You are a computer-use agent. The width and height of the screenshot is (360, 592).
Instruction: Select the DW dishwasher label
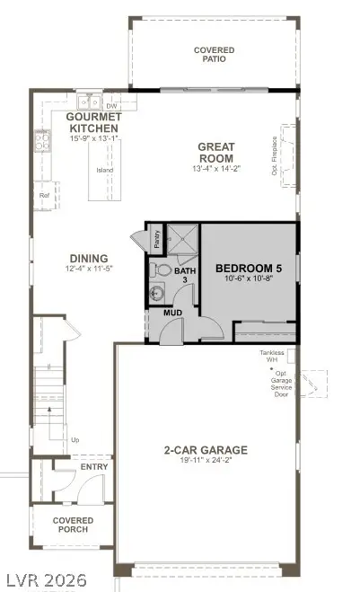(112, 106)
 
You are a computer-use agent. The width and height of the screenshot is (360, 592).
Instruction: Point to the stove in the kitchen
(42, 139)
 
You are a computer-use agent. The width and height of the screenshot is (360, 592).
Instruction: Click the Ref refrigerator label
(43, 193)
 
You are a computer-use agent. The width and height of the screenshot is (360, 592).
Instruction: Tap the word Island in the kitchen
(104, 168)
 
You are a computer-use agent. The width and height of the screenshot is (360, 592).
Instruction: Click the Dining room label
(87, 258)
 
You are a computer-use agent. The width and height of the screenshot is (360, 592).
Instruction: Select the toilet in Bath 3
(162, 269)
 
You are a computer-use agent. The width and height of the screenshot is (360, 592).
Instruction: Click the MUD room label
(173, 313)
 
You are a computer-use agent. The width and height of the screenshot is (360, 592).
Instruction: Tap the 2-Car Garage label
(206, 450)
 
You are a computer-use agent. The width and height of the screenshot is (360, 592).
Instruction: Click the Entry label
(93, 466)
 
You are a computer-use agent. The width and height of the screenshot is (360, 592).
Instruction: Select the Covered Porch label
(71, 525)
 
